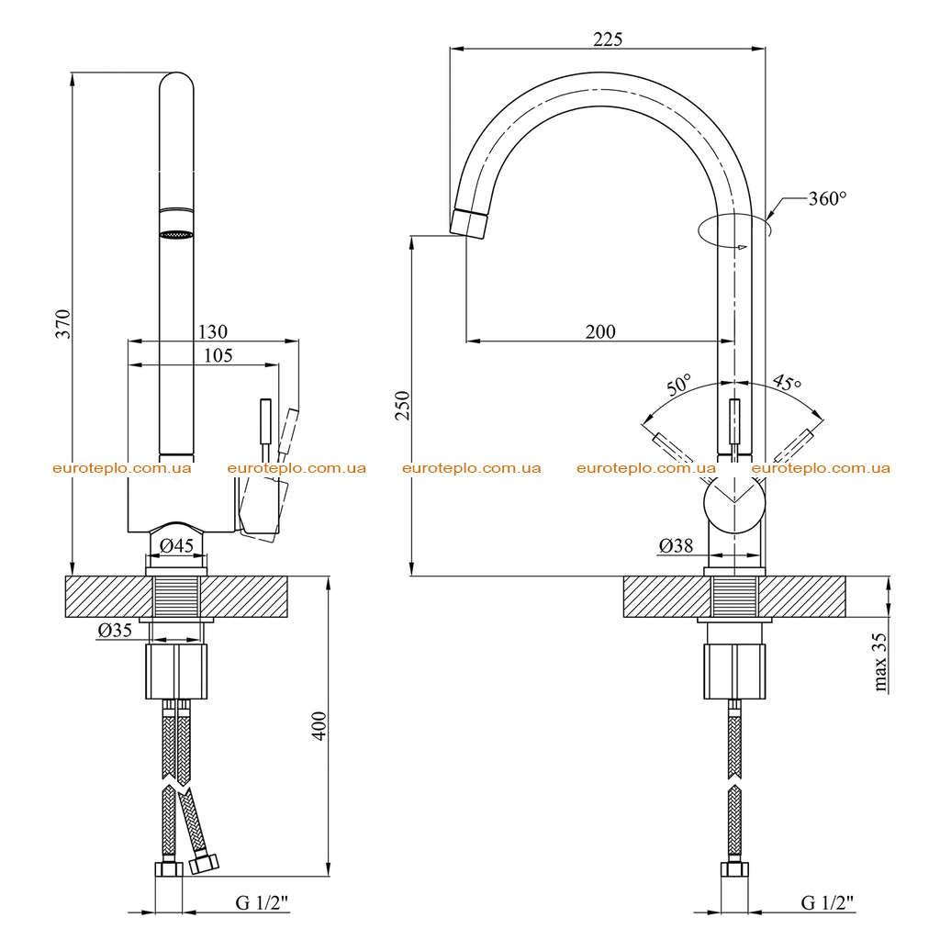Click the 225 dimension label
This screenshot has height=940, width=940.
[x=608, y=39]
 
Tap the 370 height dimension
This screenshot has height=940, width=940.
[x=63, y=324]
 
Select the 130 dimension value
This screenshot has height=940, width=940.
[x=213, y=331]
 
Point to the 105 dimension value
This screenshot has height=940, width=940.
[x=218, y=355]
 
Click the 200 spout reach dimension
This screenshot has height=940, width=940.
[x=600, y=331]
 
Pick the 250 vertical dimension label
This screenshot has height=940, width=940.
[x=402, y=406]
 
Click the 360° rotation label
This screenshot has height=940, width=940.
[x=827, y=198]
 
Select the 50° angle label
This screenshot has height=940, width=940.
[x=678, y=385]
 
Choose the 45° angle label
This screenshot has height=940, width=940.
[x=787, y=382]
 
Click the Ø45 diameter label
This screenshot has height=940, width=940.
[x=177, y=545]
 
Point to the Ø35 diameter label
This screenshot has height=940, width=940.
[x=115, y=630]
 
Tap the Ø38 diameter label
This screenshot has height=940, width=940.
[x=676, y=545]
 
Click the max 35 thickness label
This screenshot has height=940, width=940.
[x=878, y=662]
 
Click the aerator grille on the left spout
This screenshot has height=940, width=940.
[x=176, y=235]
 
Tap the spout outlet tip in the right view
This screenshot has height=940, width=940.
[x=469, y=224]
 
